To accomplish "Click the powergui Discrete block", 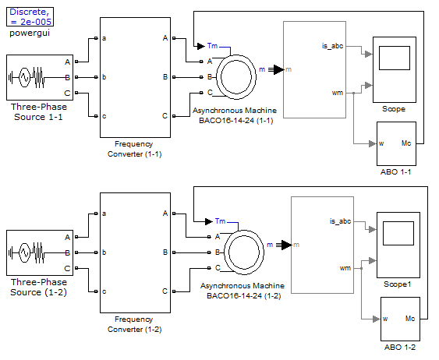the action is tap(30, 17).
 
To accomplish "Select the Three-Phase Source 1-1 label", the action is tap(39, 112).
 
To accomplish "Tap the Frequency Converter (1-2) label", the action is tap(135, 324).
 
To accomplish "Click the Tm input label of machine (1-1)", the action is tap(213, 46).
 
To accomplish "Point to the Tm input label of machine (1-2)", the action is tap(221, 221).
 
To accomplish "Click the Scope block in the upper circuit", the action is tap(395, 69).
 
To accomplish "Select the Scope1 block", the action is tap(398, 245).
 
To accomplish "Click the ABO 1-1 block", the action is tap(396, 144).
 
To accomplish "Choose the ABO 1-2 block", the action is tap(400, 319).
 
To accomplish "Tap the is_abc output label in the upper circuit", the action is tap(332, 46).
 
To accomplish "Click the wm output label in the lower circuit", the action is tap(345, 268).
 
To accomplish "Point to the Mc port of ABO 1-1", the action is tap(406, 143).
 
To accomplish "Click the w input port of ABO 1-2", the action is tap(385, 319).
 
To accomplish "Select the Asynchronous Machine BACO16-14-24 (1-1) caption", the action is tap(235, 115).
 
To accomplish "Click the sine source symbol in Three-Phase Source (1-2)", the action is tap(24, 252).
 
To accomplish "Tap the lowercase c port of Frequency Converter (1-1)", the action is tap(104, 116).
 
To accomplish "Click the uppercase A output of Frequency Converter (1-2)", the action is tap(165, 214).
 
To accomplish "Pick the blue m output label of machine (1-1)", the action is tap(262, 69).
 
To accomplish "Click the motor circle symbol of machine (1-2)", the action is tap(244, 252).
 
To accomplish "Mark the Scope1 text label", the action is tap(398, 284).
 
